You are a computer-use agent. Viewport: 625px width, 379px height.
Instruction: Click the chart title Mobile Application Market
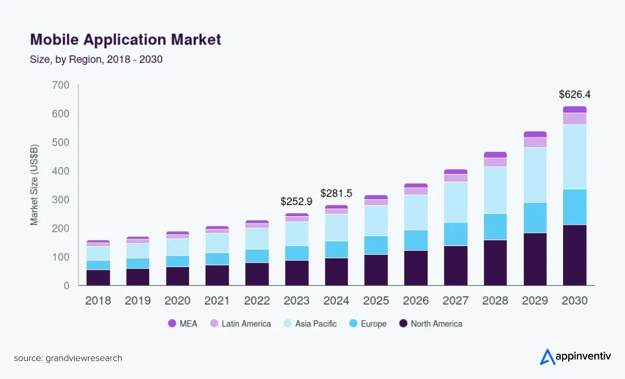pyautogui.click(x=125, y=40)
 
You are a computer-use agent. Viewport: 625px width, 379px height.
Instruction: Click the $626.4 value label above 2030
pyautogui.click(x=575, y=94)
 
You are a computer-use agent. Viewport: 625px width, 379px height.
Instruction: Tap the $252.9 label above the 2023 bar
pyautogui.click(x=296, y=202)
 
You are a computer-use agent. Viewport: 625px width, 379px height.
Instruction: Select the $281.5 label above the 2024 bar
pyautogui.click(x=336, y=193)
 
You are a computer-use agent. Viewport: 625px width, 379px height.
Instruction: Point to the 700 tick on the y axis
pyautogui.click(x=60, y=86)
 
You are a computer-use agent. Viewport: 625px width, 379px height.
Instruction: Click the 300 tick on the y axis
pyautogui.click(x=60, y=200)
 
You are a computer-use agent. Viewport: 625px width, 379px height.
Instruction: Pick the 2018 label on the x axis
pyautogui.click(x=98, y=301)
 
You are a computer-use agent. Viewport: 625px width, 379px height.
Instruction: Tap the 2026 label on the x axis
pyautogui.click(x=416, y=301)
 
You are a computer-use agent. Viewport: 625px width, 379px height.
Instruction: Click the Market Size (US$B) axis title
pyautogui.click(x=35, y=185)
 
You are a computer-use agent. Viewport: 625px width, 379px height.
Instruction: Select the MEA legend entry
pyautogui.click(x=183, y=324)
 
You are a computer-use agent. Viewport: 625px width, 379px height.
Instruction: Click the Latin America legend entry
pyautogui.click(x=240, y=324)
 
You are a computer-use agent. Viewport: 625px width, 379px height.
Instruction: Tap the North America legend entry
pyautogui.click(x=431, y=324)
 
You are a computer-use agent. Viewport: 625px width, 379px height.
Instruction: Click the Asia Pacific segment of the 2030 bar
pyautogui.click(x=575, y=157)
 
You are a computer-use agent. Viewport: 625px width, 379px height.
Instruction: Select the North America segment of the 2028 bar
pyautogui.click(x=495, y=262)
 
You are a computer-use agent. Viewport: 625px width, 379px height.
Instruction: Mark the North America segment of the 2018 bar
pyautogui.click(x=98, y=277)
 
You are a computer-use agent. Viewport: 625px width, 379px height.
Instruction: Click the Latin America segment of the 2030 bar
pyautogui.click(x=575, y=118)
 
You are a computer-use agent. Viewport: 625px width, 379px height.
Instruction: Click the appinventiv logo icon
pyautogui.click(x=547, y=357)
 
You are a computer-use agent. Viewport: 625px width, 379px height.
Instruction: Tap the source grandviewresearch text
pyautogui.click(x=68, y=358)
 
